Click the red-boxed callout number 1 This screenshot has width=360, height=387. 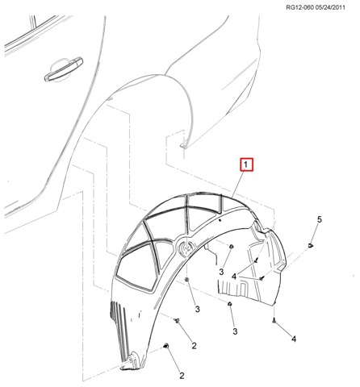[x=246, y=165]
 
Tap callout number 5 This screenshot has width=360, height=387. [x=319, y=219]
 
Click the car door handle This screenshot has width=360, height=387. [x=64, y=69]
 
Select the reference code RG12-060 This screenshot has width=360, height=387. [x=299, y=7]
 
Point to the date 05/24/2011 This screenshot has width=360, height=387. [x=330, y=7]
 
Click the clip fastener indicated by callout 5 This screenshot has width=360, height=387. [x=311, y=245]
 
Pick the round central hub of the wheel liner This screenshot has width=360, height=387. [x=186, y=247]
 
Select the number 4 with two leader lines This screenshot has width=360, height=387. [x=234, y=276]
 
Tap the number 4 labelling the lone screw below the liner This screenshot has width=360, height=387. [x=294, y=339]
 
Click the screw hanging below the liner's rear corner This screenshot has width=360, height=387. [x=274, y=320]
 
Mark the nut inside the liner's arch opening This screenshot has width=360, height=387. [x=231, y=247]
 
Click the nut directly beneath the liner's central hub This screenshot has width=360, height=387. [x=187, y=280]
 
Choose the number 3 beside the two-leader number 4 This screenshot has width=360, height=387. [x=221, y=272]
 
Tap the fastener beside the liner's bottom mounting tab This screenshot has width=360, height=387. [x=165, y=346]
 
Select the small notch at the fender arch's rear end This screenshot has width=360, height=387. [x=184, y=145]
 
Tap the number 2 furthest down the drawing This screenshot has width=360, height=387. [x=182, y=376]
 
